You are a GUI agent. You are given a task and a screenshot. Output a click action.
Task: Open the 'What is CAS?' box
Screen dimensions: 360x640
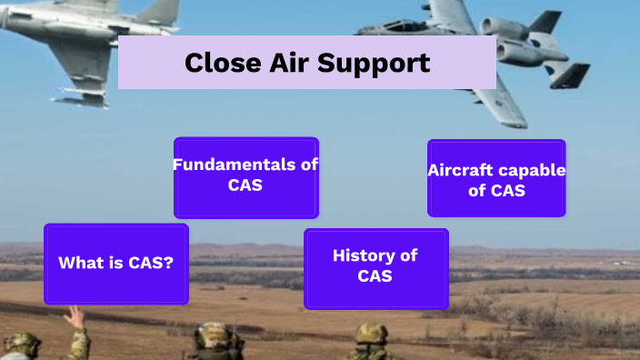click(116, 264)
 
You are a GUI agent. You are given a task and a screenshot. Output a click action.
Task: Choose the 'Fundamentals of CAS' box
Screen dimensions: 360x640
click(245, 177)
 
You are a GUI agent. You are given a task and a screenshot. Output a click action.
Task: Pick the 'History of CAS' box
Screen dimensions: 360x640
click(375, 268)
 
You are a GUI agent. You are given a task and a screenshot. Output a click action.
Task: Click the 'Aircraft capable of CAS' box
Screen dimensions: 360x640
click(496, 178)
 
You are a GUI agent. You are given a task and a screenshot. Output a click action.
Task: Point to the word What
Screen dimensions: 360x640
click(80, 264)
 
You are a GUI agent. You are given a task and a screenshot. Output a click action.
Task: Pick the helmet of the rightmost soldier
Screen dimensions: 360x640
click(371, 333)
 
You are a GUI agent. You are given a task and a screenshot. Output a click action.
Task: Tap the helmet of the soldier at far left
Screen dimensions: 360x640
click(20, 343)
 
